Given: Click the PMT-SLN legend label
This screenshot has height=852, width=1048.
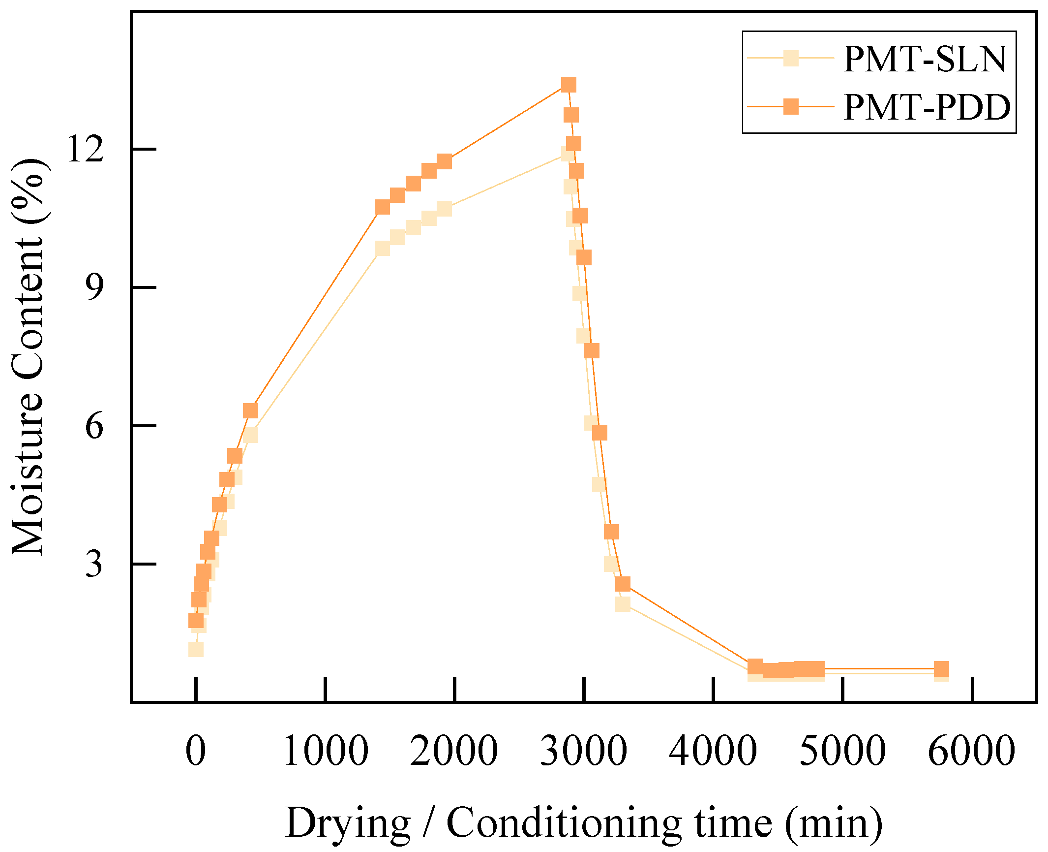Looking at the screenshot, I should pyautogui.click(x=925, y=59).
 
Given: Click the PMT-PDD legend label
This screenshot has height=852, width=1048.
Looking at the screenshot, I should pyautogui.click(x=927, y=107).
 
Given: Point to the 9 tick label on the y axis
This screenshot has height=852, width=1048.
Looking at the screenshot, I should pyautogui.click(x=94, y=287).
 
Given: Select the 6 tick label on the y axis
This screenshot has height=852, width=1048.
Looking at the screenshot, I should pyautogui.click(x=94, y=426).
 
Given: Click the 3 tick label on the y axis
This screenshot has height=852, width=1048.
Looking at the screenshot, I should pyautogui.click(x=94, y=564).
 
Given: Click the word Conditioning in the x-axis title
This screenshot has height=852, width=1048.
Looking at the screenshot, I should pyautogui.click(x=564, y=823).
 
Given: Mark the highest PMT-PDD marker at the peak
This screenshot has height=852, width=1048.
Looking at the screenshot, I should pyautogui.click(x=568, y=85).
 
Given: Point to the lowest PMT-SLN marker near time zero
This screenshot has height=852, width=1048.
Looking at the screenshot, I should pyautogui.click(x=196, y=650).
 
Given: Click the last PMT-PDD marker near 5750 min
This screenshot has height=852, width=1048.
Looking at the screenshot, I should pyautogui.click(x=941, y=669).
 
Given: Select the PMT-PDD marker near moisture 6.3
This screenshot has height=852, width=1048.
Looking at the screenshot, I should pyautogui.click(x=250, y=410).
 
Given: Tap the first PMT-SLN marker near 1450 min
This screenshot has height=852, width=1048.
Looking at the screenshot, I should pyautogui.click(x=382, y=248).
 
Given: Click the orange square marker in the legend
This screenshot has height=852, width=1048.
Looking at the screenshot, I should pyautogui.click(x=791, y=106).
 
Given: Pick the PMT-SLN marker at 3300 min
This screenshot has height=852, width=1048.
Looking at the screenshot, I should pyautogui.click(x=623, y=603).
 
